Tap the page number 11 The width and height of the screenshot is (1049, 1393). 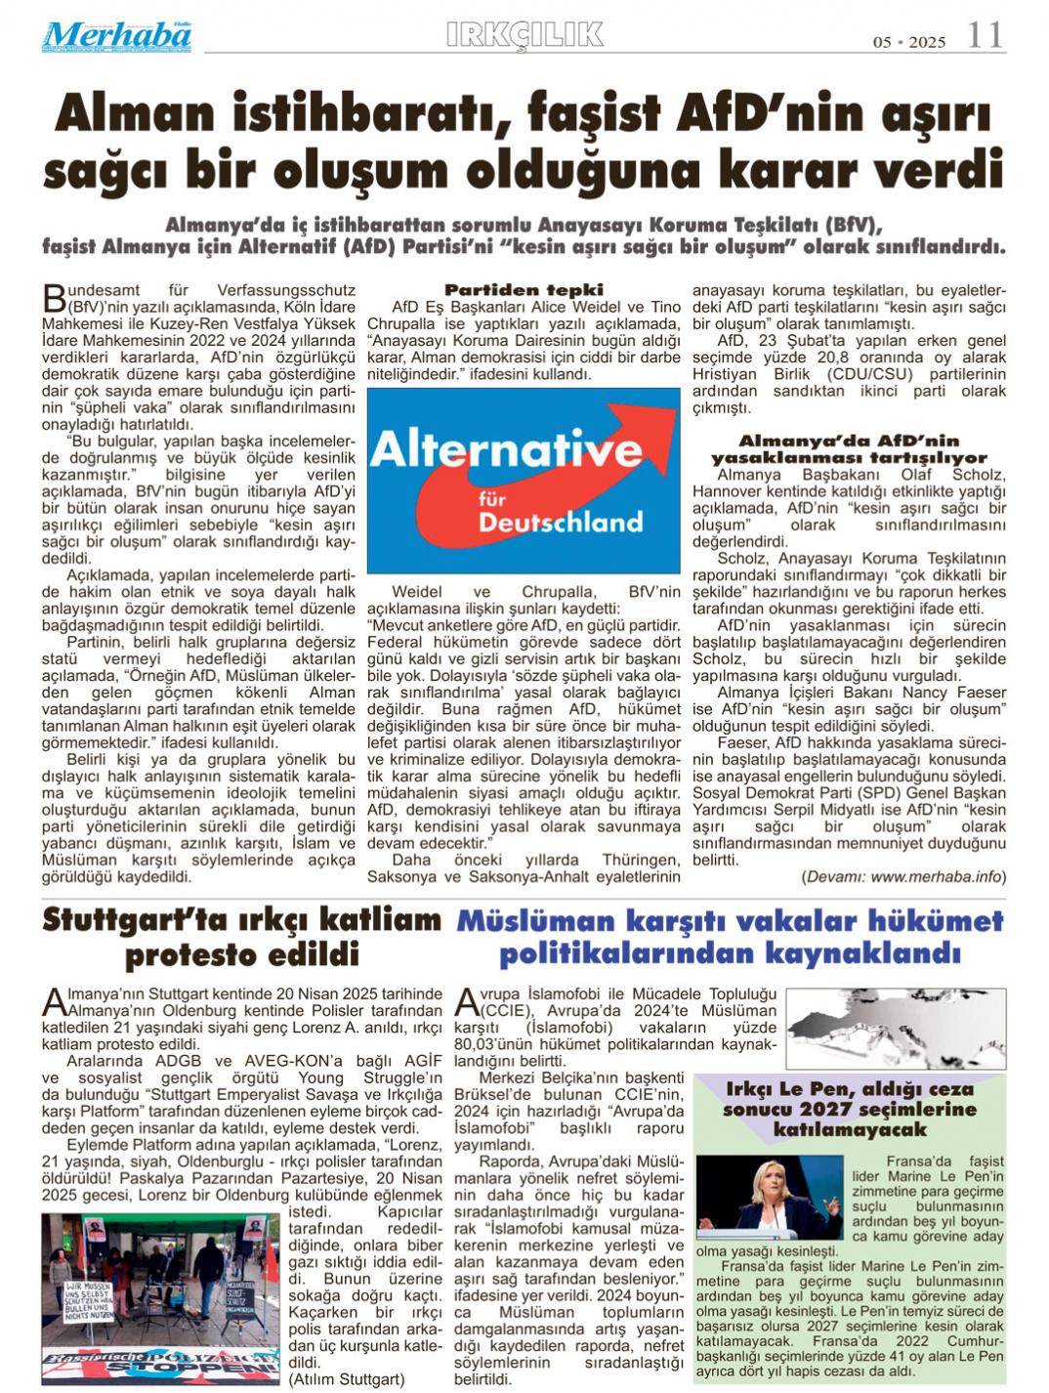coord(985,36)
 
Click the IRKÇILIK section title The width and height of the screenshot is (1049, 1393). coord(524,34)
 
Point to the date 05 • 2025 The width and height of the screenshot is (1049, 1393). coord(908,41)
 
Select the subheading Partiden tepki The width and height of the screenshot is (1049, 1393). coord(524,289)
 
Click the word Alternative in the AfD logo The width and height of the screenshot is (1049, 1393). coord(506,450)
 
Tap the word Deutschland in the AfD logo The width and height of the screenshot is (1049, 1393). coord(561,522)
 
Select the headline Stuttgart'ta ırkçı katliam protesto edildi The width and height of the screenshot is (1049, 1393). coord(242,936)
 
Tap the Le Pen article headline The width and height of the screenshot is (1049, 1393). coord(849,1109)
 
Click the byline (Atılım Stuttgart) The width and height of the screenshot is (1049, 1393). coord(346,1379)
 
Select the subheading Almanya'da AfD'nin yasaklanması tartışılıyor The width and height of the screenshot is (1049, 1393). coord(848,448)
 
